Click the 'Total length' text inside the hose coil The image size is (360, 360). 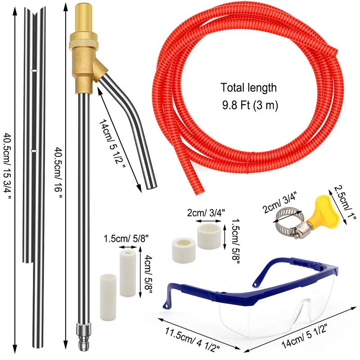point(248,88)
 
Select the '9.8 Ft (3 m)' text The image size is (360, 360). point(250,106)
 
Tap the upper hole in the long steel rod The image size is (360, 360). point(34,71)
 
